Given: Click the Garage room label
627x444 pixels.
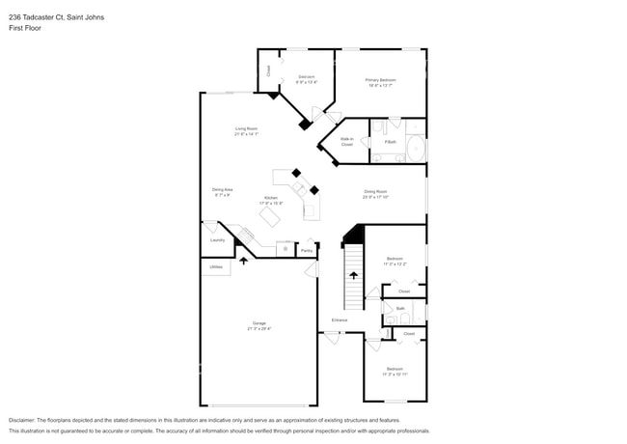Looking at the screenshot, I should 259,323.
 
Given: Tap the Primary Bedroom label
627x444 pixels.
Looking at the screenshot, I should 380,80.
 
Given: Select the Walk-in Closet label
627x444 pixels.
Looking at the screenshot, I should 346,142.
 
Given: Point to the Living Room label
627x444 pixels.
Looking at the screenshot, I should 246,128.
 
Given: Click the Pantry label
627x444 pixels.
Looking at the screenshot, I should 306,251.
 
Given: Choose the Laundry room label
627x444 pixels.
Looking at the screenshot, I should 217,240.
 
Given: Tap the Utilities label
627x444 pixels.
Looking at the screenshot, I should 216,266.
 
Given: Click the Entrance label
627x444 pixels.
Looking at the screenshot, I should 340,319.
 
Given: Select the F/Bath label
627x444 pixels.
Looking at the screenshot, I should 390,142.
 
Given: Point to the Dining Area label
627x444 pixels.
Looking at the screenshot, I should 222,189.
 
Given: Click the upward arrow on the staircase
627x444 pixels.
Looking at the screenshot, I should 353,275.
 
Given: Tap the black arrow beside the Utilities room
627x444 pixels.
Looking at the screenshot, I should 243,259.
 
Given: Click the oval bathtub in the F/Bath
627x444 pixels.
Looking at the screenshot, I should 416,150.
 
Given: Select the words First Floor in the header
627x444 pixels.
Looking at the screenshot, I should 24,28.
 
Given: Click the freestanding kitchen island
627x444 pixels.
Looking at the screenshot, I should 270,218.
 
